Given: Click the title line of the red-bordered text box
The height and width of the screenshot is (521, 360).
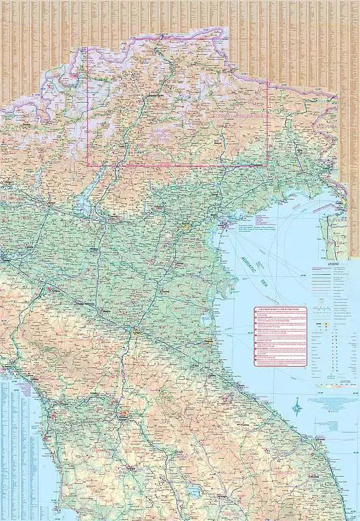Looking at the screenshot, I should point(280,311).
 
